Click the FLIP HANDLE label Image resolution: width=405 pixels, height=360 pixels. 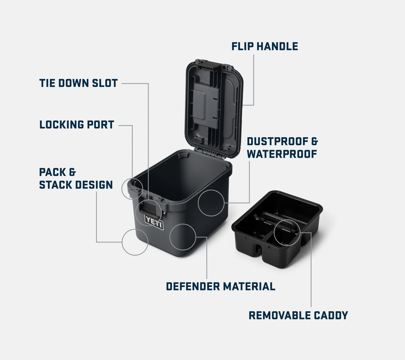265,46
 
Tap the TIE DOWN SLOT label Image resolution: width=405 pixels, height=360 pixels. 78,83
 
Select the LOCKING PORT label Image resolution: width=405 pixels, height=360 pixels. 77,125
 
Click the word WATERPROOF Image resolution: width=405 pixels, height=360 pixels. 282,154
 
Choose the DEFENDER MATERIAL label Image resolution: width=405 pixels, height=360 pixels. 221,286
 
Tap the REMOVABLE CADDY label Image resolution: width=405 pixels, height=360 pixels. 298,315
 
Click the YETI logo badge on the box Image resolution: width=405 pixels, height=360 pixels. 154,222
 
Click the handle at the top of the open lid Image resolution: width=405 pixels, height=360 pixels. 209,65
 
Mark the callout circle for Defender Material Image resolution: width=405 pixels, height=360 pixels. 170,237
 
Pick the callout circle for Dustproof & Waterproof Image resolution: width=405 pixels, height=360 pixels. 198,203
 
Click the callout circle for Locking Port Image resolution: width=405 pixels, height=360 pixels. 122,189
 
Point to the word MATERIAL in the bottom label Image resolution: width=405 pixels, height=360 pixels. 249,286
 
